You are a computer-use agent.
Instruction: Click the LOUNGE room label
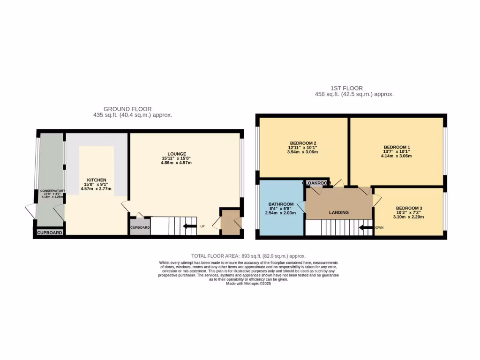point(177,154)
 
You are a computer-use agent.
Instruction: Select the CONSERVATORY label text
point(52,191)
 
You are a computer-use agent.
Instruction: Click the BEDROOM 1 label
point(396,147)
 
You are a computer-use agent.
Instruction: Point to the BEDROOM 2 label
point(303,143)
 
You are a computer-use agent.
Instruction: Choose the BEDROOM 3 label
point(409,208)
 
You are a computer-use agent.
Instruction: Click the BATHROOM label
point(281,204)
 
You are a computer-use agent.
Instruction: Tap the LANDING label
point(338,212)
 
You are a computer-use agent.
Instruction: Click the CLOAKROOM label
point(317,183)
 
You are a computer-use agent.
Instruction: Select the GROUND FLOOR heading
point(127,109)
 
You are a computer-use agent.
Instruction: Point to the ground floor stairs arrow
point(189,226)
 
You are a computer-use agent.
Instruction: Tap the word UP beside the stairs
point(202,226)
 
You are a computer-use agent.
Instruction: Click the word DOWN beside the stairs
point(378,228)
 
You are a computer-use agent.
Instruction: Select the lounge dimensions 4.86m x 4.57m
point(177,163)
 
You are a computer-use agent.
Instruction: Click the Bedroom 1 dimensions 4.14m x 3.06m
point(396,156)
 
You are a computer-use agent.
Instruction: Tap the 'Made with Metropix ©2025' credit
point(248,284)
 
